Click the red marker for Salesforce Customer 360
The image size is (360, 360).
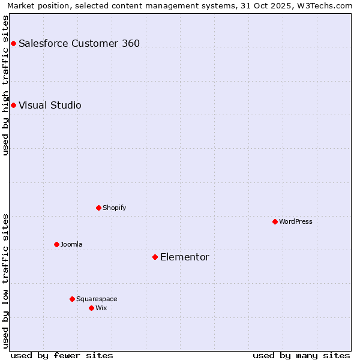(x=13, y=43)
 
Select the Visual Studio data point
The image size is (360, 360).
(x=13, y=105)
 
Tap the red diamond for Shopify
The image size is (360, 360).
(x=98, y=208)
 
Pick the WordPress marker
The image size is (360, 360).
(x=275, y=221)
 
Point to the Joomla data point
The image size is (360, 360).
(x=56, y=244)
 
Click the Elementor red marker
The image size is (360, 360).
(x=155, y=257)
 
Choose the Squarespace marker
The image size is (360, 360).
(x=72, y=299)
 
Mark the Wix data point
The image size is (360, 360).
(x=91, y=308)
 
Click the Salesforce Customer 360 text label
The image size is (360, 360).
(x=79, y=43)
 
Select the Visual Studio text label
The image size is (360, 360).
(x=50, y=105)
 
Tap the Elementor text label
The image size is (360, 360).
(x=185, y=257)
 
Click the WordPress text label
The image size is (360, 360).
(x=296, y=221)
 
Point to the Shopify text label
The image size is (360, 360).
(x=114, y=208)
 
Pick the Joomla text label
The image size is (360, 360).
(x=71, y=244)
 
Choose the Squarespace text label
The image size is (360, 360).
(x=97, y=299)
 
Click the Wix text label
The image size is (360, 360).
(x=101, y=308)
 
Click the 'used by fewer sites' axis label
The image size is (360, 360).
(x=62, y=355)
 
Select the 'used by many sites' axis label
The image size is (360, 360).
(x=301, y=355)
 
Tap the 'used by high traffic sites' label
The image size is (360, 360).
(x=5, y=85)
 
